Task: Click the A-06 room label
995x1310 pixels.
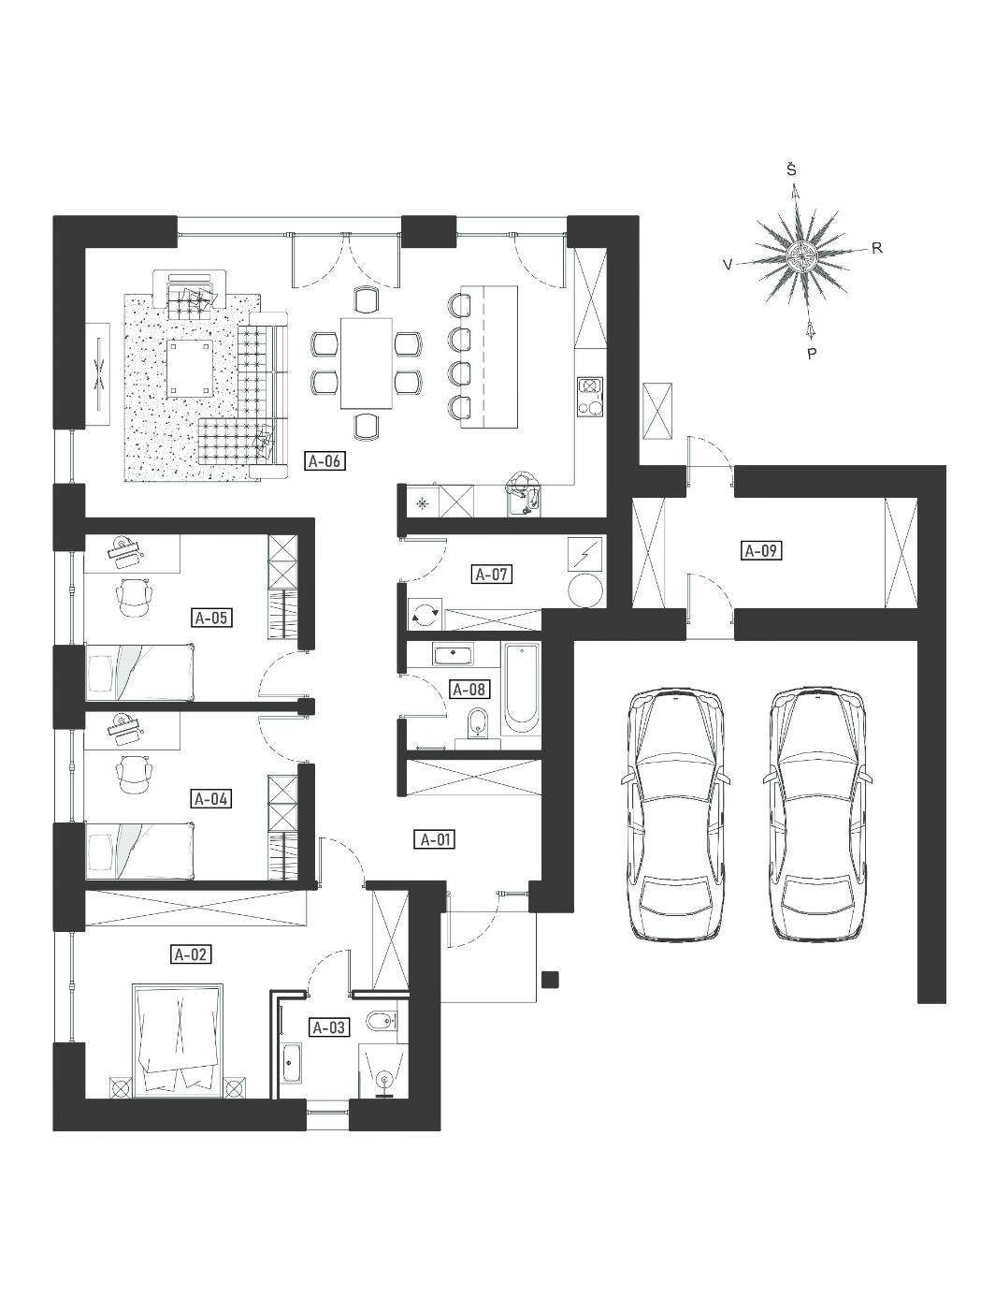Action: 325,461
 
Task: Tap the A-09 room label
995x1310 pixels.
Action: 761,549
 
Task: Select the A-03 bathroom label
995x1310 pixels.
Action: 329,1027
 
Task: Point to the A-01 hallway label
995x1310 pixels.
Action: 435,840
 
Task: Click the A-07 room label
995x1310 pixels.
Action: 493,575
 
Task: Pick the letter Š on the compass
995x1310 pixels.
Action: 791,170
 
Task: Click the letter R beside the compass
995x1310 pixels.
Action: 877,249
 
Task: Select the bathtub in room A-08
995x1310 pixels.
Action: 522,689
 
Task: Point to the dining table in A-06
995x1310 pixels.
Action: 367,363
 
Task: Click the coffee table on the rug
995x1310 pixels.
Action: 190,369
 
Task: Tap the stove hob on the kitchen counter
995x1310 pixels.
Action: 591,397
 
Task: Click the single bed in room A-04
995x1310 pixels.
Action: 140,851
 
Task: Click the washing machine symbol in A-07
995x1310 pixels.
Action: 425,613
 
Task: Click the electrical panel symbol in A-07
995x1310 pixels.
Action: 584,555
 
